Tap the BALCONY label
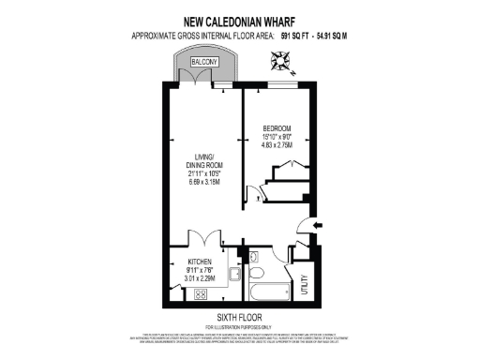204,62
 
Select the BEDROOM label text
277,127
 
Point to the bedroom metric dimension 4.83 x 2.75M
277,145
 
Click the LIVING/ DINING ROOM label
203,160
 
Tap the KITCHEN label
201,262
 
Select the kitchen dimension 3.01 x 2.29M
201,278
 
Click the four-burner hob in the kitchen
200,293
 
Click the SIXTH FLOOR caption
239,317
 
